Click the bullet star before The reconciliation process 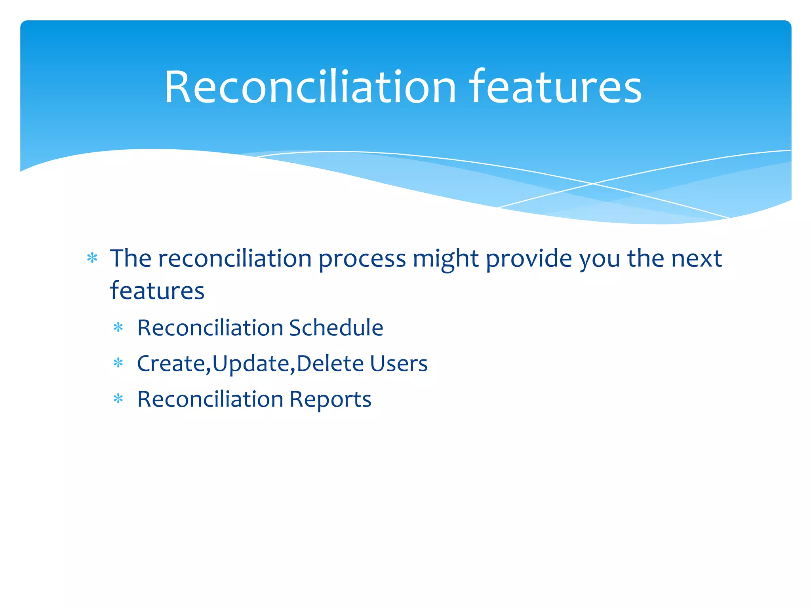point(92,258)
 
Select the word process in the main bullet point(362,259)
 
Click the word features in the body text point(157,291)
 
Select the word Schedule point(336,328)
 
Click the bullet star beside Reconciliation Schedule point(118,328)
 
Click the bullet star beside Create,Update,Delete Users point(118,363)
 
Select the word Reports point(330,399)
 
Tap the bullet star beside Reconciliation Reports point(118,399)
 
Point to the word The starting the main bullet point(131,258)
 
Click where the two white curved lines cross point(593,184)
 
